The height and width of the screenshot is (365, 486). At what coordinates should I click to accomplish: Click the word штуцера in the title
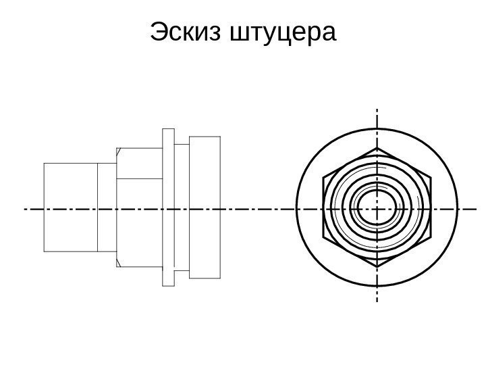283,32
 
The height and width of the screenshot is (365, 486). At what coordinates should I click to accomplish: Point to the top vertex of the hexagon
377,146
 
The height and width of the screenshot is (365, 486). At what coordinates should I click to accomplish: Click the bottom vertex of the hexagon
377,269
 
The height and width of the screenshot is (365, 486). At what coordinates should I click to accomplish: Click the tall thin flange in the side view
169,207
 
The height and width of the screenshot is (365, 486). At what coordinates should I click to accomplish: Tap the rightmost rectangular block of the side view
205,207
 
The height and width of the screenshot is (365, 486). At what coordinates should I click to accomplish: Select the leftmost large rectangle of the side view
70,207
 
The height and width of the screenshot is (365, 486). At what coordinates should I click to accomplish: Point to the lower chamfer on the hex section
117,261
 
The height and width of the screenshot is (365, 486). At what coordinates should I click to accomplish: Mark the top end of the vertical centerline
377,108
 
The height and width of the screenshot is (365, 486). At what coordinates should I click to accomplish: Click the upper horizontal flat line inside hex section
139,178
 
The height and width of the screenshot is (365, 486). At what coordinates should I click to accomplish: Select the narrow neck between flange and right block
182,207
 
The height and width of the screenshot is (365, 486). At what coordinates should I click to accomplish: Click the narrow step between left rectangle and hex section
107,207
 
